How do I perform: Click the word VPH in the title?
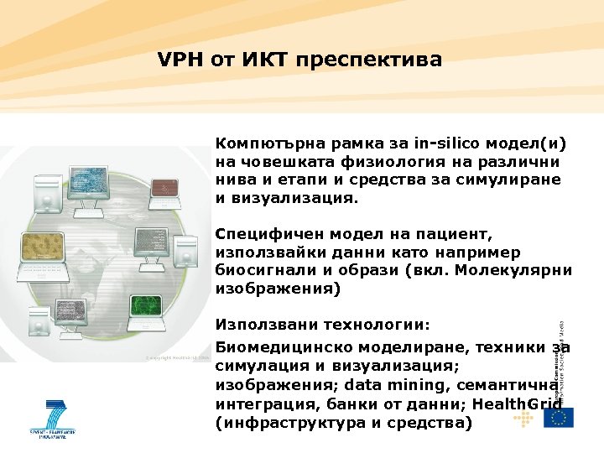click(x=177, y=60)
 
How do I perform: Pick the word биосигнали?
click(x=264, y=271)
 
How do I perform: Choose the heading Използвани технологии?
click(x=323, y=324)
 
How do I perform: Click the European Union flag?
click(x=558, y=417)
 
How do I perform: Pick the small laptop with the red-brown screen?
click(x=151, y=240)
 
